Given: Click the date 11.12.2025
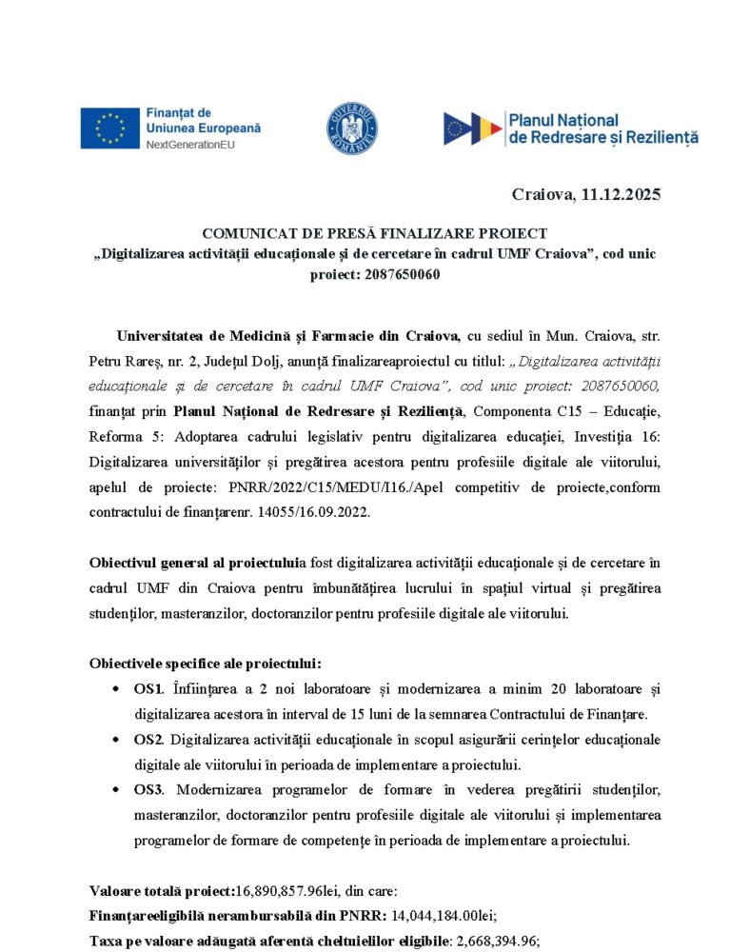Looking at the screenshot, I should click(616, 194).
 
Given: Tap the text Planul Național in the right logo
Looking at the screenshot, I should click(563, 121).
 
